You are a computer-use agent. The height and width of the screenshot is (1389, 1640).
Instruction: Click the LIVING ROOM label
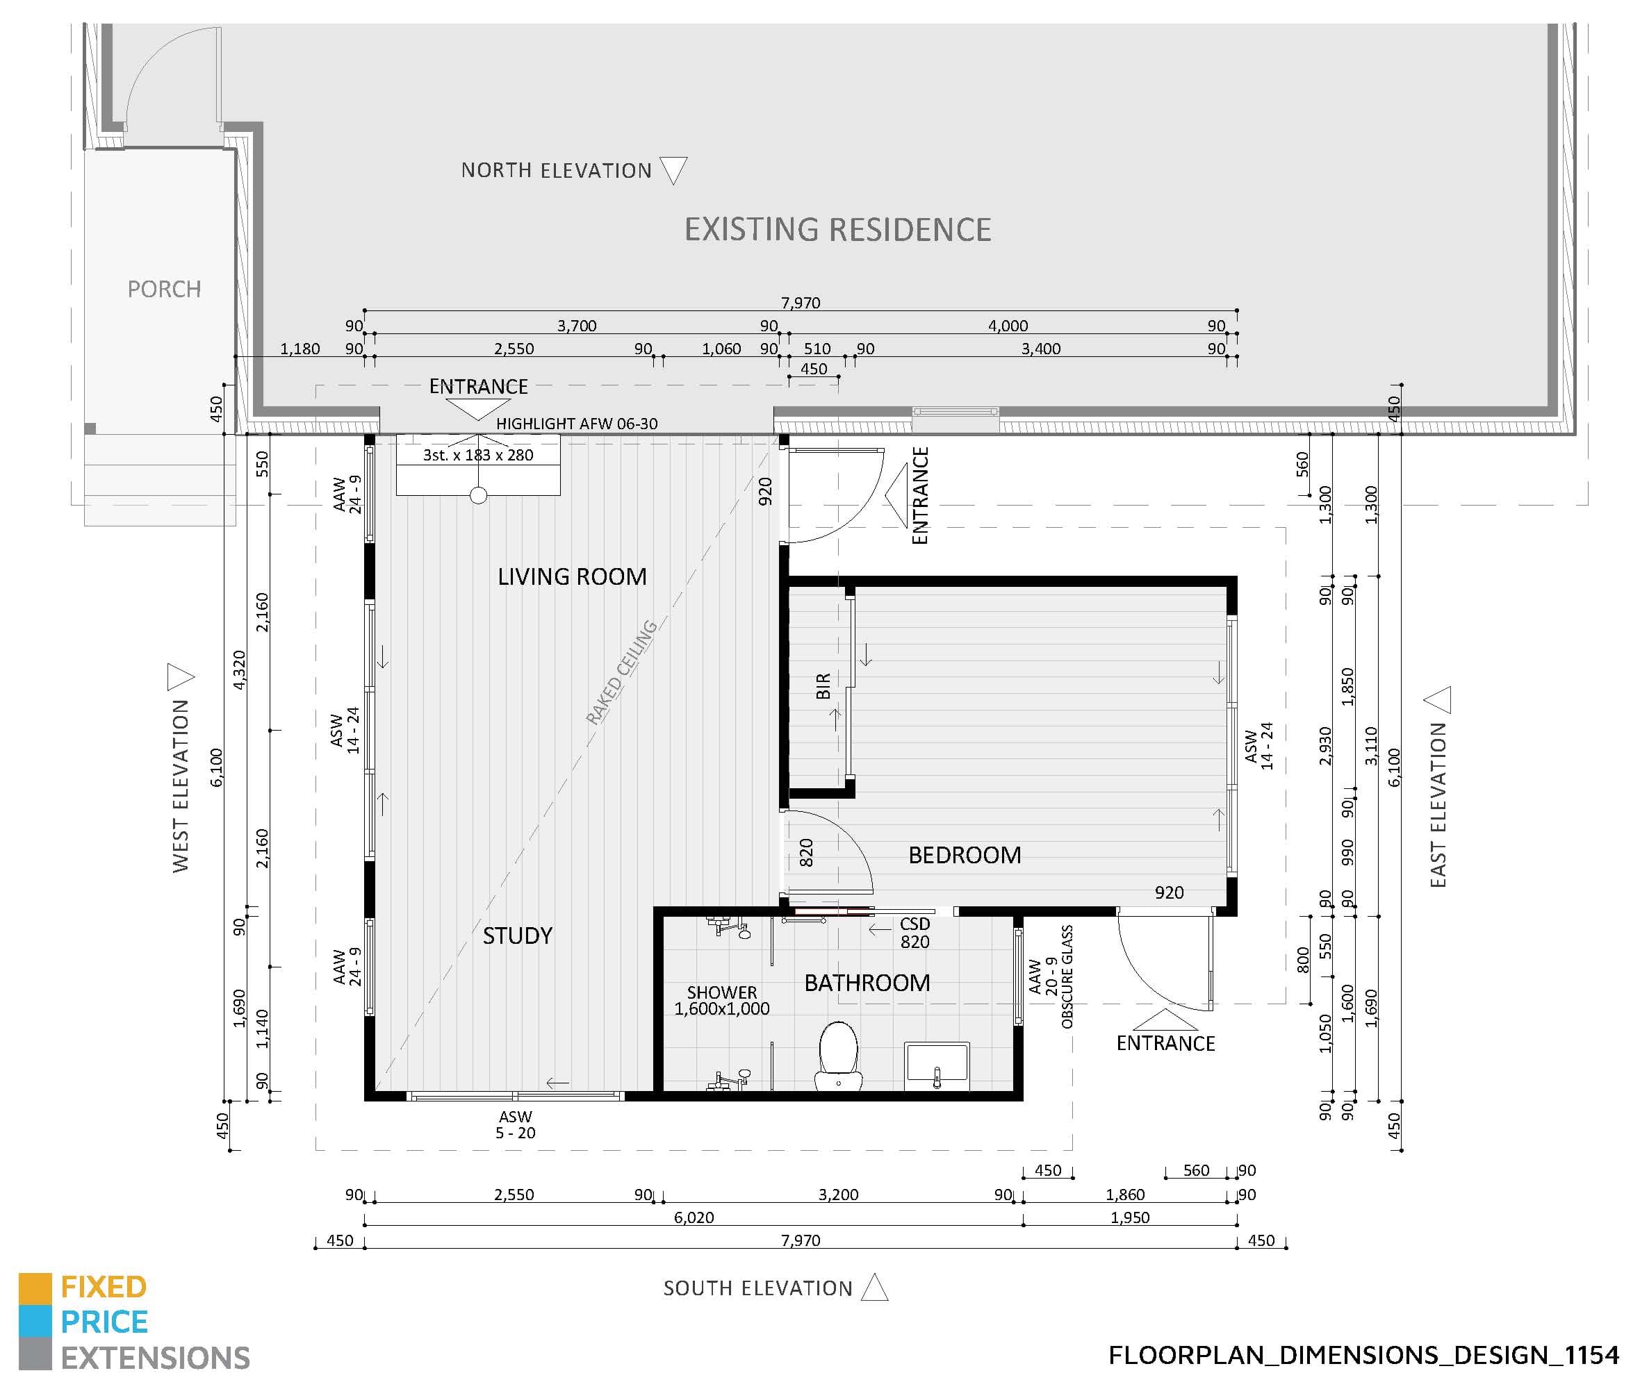click(572, 576)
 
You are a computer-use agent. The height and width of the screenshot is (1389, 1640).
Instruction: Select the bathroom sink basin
click(937, 1064)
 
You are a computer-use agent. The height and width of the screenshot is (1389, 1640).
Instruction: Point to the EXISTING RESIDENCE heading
click(837, 230)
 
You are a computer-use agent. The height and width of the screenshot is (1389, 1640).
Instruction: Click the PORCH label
click(164, 289)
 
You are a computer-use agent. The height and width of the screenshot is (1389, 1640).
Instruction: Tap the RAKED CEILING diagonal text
click(621, 672)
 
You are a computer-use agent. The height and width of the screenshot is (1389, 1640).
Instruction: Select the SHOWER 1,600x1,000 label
click(721, 1000)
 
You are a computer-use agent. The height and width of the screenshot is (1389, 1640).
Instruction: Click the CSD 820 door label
click(915, 932)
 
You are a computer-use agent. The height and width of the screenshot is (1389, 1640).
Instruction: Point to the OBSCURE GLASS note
click(1067, 976)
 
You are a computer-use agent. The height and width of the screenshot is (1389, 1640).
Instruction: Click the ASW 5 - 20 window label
click(515, 1124)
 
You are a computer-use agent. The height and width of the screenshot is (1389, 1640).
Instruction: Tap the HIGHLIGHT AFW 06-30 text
click(577, 424)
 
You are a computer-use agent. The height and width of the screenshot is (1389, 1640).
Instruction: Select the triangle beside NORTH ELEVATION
click(673, 169)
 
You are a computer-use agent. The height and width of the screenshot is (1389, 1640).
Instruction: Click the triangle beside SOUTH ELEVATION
click(874, 1288)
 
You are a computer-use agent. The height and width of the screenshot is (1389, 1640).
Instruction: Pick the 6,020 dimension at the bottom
click(694, 1217)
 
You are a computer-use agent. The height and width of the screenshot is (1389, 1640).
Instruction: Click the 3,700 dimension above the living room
click(577, 325)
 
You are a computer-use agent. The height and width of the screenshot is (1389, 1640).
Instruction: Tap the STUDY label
click(518, 935)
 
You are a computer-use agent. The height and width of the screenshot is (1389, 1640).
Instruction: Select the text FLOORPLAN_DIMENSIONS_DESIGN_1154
click(1363, 1355)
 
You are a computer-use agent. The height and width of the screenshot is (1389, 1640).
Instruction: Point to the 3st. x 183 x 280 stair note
click(478, 455)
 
